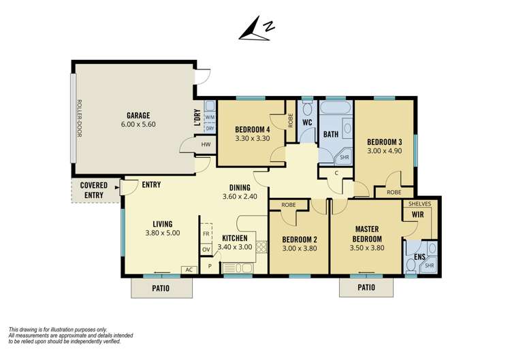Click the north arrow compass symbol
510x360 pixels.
[x=258, y=29]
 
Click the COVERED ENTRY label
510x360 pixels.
[x=93, y=191]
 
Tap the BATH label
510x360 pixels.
[x=330, y=135]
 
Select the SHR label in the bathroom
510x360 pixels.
[x=344, y=157]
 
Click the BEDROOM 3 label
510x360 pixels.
[x=385, y=142]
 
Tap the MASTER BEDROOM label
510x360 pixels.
[x=366, y=233]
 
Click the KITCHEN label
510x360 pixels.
[x=235, y=238]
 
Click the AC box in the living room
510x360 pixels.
[x=189, y=269]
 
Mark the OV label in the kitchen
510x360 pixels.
[x=206, y=250]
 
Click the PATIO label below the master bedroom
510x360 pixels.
[x=366, y=287]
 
